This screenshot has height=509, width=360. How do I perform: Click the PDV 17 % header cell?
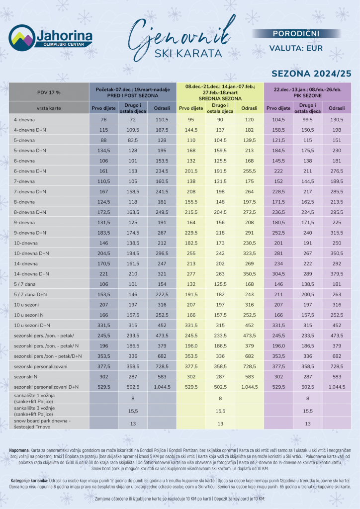(x=49, y=92)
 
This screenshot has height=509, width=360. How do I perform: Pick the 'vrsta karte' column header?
(x=49, y=108)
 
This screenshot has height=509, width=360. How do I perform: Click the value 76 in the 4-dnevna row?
(x=104, y=120)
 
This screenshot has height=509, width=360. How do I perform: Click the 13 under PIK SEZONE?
(x=308, y=424)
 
